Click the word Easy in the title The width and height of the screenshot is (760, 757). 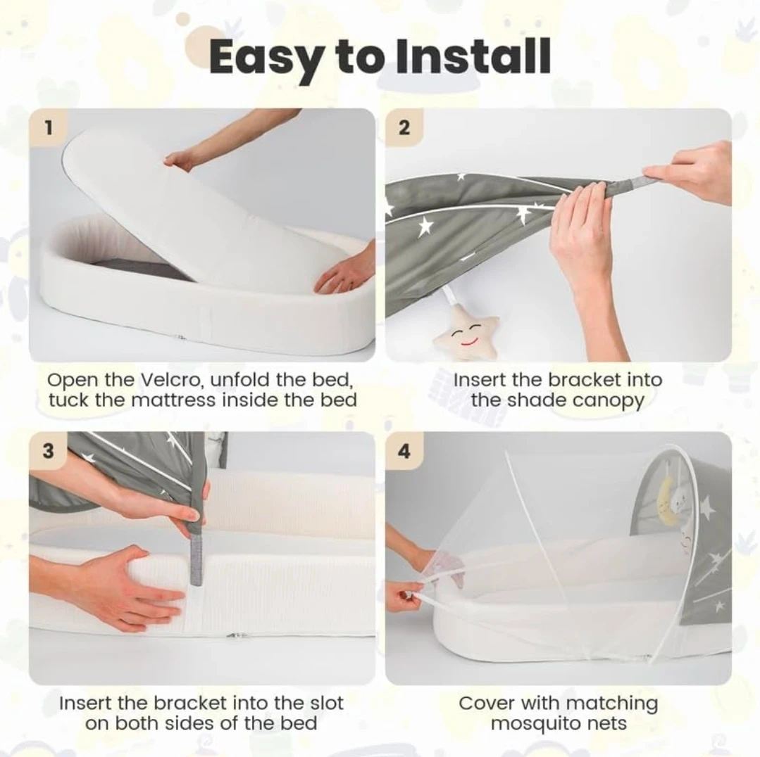[x=266, y=58]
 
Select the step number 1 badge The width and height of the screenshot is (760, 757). [x=48, y=128]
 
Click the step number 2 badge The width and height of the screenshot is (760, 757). [x=404, y=128]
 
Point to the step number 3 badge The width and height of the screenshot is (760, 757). [x=48, y=451]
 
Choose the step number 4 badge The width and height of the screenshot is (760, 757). [x=404, y=451]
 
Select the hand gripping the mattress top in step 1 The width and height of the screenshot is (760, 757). [x=182, y=159]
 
